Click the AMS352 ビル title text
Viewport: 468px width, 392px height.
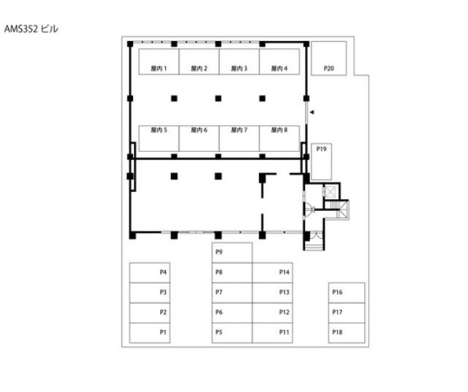(x=31, y=29)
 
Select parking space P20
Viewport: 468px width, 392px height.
(x=328, y=58)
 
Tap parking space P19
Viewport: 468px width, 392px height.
(x=322, y=162)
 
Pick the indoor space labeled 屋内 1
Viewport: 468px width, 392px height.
(x=159, y=61)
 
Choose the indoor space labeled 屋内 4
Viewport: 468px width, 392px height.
(x=279, y=61)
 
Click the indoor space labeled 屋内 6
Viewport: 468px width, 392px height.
(x=199, y=139)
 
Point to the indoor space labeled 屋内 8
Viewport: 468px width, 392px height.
(x=279, y=139)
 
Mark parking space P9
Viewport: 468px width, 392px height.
(x=232, y=253)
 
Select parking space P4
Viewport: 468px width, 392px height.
(x=150, y=273)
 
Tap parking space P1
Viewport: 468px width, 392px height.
(x=150, y=333)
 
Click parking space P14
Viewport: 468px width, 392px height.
(x=272, y=273)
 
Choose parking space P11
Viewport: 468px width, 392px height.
(x=272, y=333)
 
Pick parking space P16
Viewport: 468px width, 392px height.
(x=347, y=293)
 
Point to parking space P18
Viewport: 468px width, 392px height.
(x=347, y=333)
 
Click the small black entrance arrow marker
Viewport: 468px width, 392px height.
(x=312, y=112)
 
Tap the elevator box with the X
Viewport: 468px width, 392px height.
(x=331, y=191)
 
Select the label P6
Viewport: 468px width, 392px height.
(x=219, y=312)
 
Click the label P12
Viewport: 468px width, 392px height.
(x=284, y=312)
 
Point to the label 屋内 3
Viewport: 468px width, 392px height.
(x=239, y=69)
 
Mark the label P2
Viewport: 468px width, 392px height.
(x=163, y=312)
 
